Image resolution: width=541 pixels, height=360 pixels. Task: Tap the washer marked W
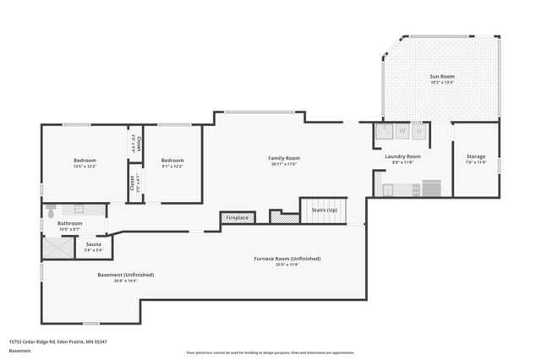(x=402, y=132)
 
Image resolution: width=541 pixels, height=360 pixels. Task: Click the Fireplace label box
(x=237, y=218)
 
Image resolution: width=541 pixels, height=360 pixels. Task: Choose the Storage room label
(x=476, y=156)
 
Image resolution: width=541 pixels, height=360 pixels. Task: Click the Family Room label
(x=284, y=158)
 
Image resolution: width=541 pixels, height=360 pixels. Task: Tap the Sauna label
(x=94, y=243)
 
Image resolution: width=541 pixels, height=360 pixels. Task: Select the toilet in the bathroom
(x=51, y=209)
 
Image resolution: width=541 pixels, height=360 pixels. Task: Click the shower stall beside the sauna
(x=59, y=246)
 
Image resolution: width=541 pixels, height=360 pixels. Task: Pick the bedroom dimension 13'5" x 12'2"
(x=85, y=166)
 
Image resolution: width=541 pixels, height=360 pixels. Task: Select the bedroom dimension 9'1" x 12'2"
(x=172, y=166)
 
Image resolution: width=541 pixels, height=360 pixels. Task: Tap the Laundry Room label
(x=402, y=156)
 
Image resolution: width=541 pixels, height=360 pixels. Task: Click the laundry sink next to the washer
(x=384, y=132)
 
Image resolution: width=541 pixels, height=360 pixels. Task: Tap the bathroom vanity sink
(x=79, y=208)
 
